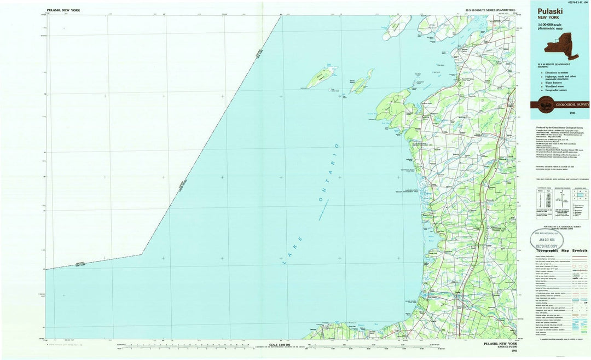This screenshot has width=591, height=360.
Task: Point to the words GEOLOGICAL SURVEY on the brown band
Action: coord(572,104)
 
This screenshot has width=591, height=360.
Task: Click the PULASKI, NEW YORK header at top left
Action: coord(63,10)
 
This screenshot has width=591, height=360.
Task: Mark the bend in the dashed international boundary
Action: coord(142,254)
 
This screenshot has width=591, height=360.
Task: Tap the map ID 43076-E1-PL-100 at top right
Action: coord(569,3)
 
